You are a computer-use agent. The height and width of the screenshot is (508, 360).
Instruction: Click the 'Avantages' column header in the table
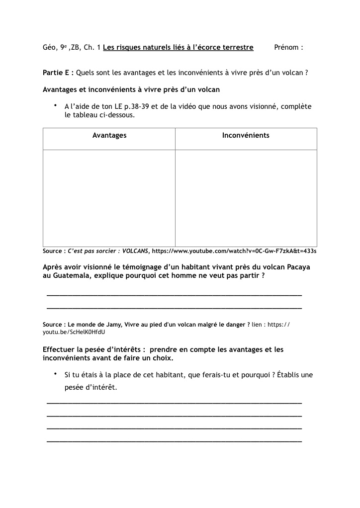(109, 135)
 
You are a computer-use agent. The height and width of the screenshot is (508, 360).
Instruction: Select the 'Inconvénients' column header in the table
(246, 135)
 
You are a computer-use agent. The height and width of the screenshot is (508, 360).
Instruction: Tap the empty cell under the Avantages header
(109, 198)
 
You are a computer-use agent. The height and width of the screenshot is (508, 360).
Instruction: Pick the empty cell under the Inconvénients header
(246, 198)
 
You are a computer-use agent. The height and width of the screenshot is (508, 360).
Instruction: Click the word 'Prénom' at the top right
(286, 48)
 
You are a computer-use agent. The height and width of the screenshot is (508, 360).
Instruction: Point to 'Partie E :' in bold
(58, 73)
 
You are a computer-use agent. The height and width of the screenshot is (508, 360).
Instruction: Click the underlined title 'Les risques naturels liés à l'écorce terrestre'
(178, 48)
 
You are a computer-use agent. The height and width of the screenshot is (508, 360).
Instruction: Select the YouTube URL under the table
(234, 251)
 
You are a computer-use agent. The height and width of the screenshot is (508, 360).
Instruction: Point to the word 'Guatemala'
(72, 276)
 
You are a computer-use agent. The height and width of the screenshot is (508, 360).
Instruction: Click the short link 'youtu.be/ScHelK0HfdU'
(74, 332)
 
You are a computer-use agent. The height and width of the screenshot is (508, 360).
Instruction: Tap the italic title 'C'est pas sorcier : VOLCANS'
(108, 251)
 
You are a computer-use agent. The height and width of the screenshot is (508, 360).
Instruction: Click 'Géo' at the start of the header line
(49, 48)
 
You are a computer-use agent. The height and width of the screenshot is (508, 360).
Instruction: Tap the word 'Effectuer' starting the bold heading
(60, 349)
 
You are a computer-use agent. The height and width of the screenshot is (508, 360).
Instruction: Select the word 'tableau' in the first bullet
(88, 115)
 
